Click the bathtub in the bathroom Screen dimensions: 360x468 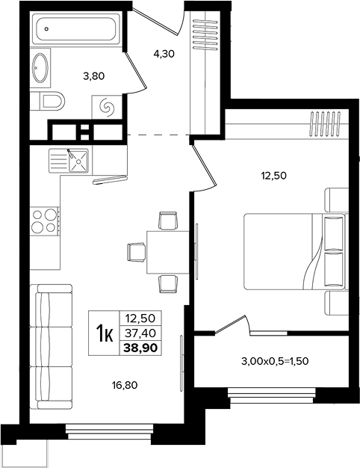(78, 28)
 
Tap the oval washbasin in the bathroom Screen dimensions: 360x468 (40, 68)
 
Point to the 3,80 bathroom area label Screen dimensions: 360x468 (94, 76)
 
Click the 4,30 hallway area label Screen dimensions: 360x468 (164, 54)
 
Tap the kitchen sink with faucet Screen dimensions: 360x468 (69, 161)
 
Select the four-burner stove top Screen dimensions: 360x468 (45, 221)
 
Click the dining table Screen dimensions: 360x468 (168, 252)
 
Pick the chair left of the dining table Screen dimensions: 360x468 (136, 252)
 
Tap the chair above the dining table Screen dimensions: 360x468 (168, 221)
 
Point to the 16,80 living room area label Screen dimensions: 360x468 (125, 385)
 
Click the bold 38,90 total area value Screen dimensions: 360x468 (140, 348)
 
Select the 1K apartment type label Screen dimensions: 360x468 (104, 333)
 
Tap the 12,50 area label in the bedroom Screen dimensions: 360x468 (274, 176)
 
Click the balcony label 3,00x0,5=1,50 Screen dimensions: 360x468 (275, 361)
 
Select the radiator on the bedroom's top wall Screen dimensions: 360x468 (326, 123)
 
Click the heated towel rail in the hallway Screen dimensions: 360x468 (205, 34)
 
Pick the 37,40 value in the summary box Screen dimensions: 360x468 (140, 333)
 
